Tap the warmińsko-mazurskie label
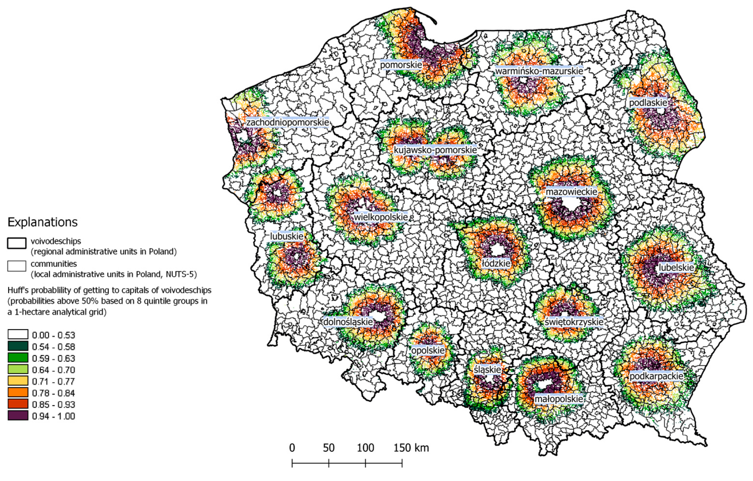539,71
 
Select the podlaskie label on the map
648,103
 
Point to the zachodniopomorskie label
287,122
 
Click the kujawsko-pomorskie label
435,150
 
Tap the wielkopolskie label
381,217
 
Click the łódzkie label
496,263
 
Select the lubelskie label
676,268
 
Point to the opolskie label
428,350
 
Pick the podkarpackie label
656,376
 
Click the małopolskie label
559,399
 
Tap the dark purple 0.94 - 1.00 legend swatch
18,416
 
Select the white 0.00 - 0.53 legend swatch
18,335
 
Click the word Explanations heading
43,222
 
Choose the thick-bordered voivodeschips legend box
17,243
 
